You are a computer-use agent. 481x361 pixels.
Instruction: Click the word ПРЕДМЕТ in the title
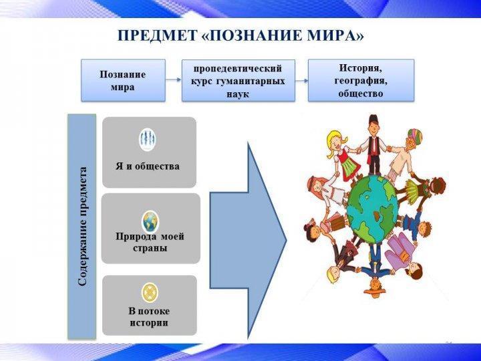[x=157, y=36]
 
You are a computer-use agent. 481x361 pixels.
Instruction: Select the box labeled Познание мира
[x=123, y=80]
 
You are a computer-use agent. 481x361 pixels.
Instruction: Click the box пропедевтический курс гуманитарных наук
[x=238, y=80]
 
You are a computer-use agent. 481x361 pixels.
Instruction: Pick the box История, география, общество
[x=361, y=80]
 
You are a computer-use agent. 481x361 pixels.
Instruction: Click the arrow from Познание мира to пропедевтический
[x=173, y=80]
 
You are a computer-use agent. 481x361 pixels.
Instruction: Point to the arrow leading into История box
[x=302, y=81]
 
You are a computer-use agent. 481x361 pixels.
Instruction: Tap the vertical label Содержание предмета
[x=83, y=227]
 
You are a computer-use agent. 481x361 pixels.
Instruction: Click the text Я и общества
[x=148, y=166]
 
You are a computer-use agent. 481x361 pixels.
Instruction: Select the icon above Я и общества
[x=148, y=139]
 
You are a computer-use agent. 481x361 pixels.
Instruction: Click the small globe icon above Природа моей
[x=150, y=221]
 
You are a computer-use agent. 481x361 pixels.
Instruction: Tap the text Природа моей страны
[x=150, y=242]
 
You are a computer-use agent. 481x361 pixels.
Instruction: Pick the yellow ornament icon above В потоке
[x=150, y=293]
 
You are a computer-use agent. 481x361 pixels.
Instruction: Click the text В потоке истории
[x=149, y=317]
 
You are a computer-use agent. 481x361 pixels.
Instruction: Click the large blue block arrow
[x=249, y=241]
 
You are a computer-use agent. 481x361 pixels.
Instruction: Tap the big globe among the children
[x=372, y=209]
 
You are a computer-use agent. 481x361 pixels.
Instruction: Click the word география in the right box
[x=361, y=81]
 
